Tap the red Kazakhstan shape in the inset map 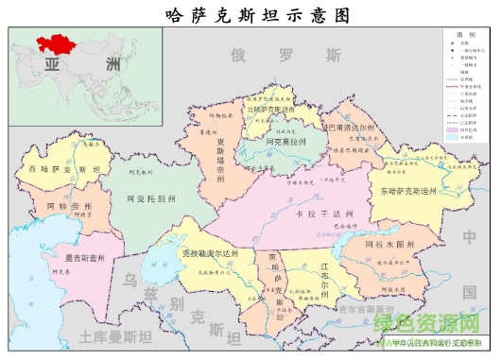coord(56,42)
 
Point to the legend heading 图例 coord(464,35)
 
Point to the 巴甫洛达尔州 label coord(349,126)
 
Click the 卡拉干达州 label coord(319,214)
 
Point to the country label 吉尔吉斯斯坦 coord(363,309)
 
